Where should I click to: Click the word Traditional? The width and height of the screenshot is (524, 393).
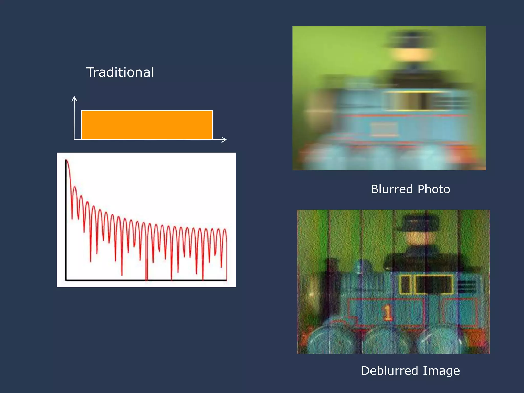click(x=120, y=72)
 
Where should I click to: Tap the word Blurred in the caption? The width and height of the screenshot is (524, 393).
click(x=392, y=189)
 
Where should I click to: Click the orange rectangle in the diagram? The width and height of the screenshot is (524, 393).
click(x=147, y=125)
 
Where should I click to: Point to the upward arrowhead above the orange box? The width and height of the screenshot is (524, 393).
click(x=74, y=99)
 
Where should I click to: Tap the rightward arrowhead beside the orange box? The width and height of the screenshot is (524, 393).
click(x=224, y=139)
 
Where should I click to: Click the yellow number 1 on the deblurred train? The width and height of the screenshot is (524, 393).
click(x=387, y=312)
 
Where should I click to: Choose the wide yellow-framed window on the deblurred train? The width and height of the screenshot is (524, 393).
click(x=434, y=284)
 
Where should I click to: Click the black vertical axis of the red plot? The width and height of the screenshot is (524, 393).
click(x=66, y=220)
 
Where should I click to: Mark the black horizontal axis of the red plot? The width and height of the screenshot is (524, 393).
click(x=146, y=280)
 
